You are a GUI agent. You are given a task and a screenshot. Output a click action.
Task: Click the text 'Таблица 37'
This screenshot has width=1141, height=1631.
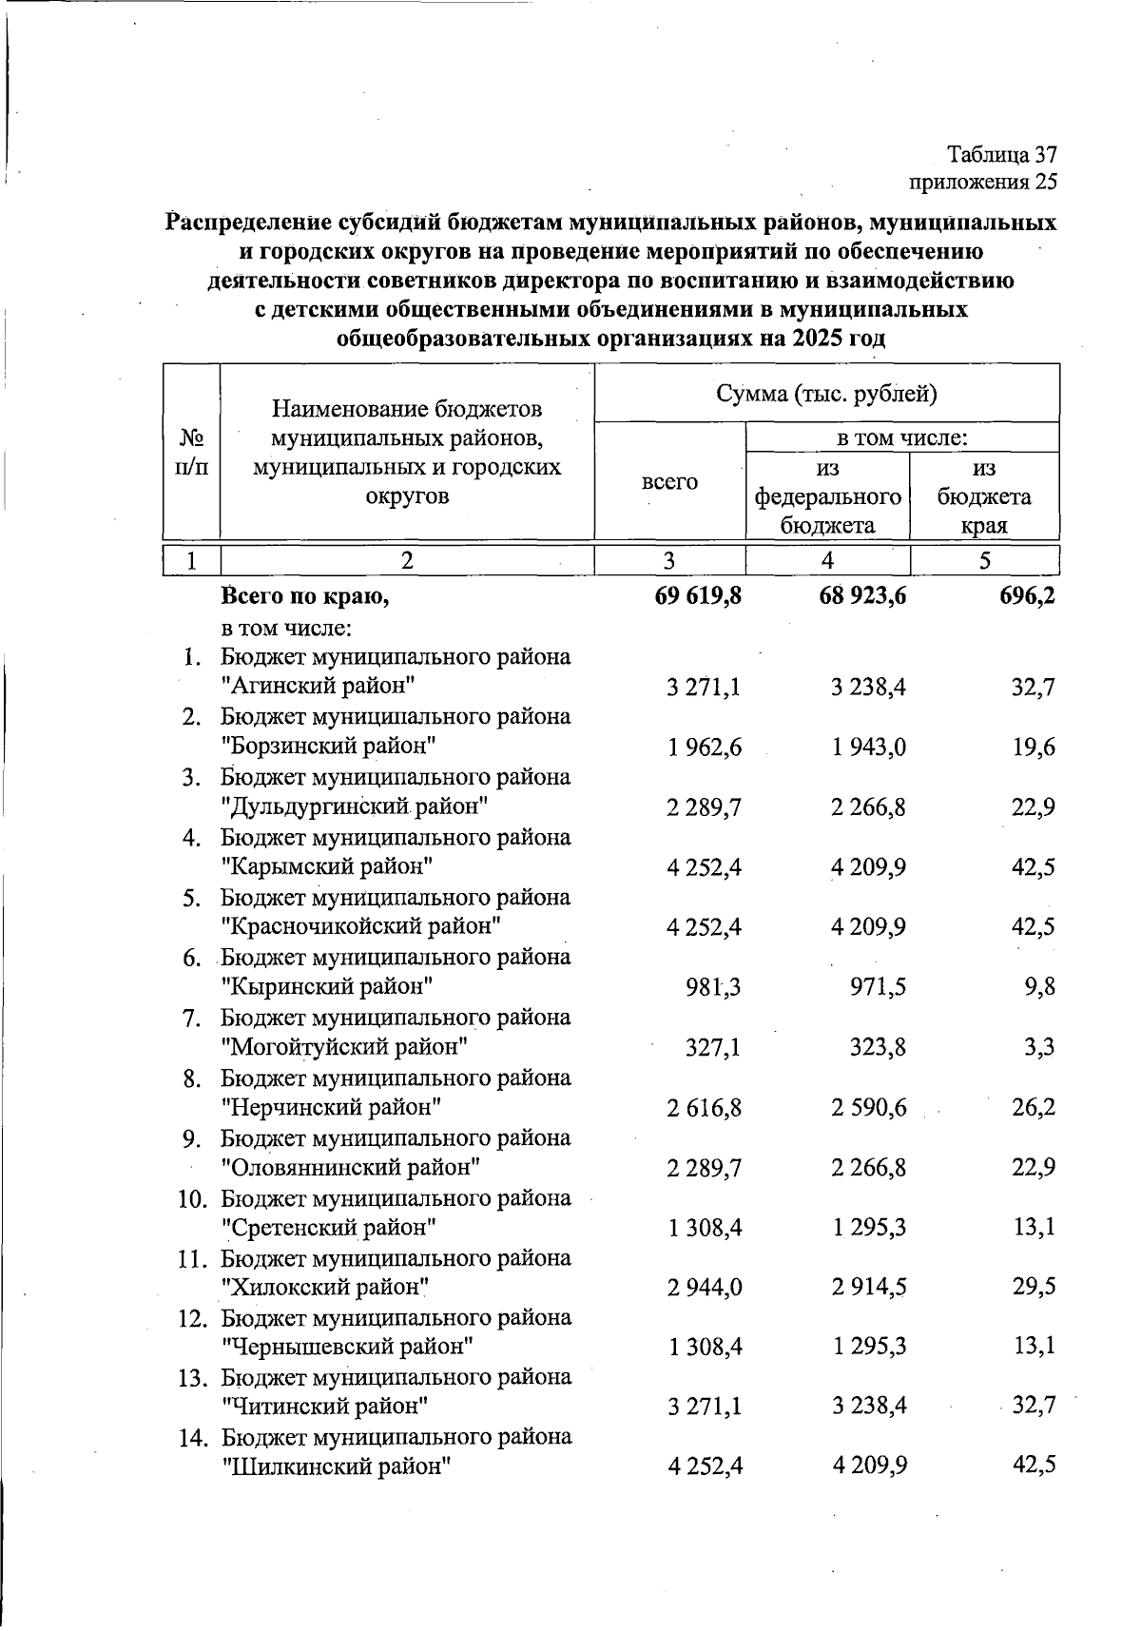(1002, 154)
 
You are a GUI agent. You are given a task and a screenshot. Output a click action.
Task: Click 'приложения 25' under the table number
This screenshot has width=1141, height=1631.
(983, 182)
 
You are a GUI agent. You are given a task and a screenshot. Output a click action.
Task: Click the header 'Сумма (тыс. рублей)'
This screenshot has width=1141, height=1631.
(826, 394)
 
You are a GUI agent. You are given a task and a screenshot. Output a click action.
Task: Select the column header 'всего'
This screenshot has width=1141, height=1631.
(669, 482)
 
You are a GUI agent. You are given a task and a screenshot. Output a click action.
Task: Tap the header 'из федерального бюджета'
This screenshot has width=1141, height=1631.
(827, 496)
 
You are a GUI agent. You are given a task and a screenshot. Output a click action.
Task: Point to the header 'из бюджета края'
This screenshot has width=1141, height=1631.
(984, 496)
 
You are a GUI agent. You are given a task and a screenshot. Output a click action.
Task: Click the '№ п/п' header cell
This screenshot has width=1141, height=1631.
(192, 452)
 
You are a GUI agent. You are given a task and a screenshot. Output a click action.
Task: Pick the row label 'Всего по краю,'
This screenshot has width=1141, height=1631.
(305, 597)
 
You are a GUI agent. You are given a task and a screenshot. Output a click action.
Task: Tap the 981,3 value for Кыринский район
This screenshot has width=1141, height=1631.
(713, 987)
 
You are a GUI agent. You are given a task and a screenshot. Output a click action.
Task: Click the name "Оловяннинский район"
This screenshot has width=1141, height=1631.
(350, 1167)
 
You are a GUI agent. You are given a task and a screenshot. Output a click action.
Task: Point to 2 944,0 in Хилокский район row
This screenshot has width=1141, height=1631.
(705, 1287)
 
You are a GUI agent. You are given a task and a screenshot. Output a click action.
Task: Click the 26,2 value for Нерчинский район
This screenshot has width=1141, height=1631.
(1034, 1107)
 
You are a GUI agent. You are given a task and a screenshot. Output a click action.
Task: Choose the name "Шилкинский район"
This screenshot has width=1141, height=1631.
(335, 1466)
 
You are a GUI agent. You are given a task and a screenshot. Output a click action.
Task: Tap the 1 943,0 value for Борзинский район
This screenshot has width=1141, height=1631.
(868, 747)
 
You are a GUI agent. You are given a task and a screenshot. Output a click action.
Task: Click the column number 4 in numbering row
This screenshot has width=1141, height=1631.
(827, 561)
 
